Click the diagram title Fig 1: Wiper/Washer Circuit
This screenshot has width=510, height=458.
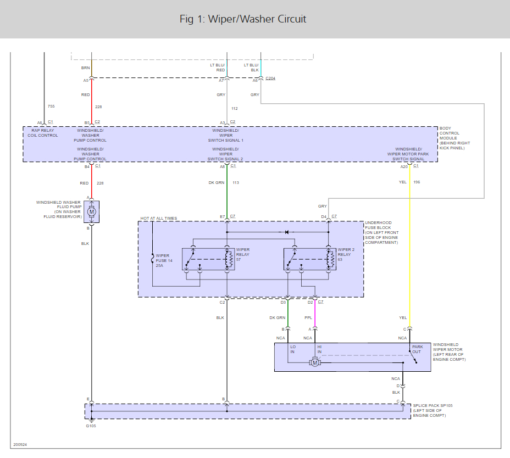[x=242, y=19]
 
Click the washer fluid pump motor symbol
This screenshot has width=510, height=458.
[x=92, y=211]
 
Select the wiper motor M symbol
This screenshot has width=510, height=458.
[x=315, y=362]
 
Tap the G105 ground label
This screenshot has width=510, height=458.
[x=91, y=425]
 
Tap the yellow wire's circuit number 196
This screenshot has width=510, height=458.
[x=417, y=182]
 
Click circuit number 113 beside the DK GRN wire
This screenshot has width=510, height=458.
[x=236, y=182]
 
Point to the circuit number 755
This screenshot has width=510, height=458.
[x=51, y=106]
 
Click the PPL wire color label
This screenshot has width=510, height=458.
[x=308, y=317]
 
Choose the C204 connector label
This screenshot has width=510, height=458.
[x=270, y=79]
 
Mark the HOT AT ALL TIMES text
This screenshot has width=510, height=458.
[x=159, y=219]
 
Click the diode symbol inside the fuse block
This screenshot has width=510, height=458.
[x=286, y=232]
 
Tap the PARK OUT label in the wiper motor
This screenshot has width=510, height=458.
[x=418, y=350]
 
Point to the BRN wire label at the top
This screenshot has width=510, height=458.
[x=85, y=68]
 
